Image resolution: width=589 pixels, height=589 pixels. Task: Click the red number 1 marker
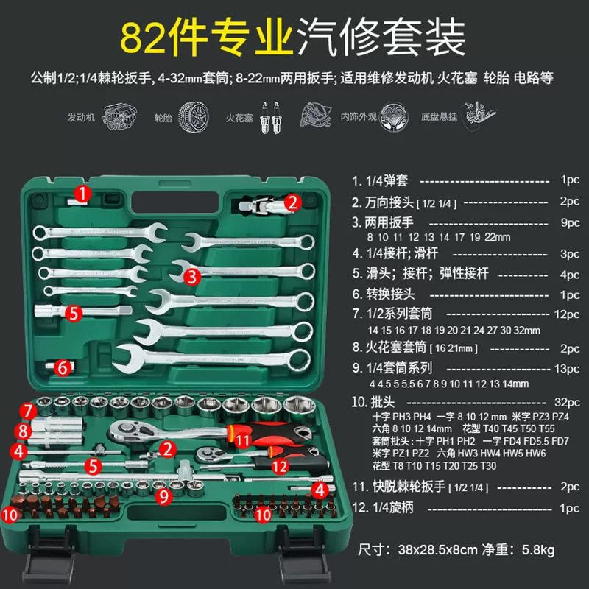click(x=82, y=194)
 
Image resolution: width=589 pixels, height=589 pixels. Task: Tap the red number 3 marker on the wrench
click(x=192, y=277)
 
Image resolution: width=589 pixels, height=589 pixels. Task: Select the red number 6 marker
click(x=63, y=367)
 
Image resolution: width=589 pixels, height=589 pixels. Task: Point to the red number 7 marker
click(x=28, y=411)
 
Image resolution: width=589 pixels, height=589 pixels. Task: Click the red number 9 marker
click(x=164, y=496)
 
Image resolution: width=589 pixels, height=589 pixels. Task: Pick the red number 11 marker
click(x=242, y=440)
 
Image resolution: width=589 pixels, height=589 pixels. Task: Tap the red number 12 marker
click(x=280, y=467)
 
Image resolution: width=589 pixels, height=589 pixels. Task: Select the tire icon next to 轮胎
click(x=194, y=117)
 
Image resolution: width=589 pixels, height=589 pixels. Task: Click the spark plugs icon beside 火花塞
click(x=271, y=118)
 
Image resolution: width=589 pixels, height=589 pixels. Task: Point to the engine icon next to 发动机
click(x=119, y=116)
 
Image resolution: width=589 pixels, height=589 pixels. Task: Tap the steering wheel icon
click(x=393, y=117)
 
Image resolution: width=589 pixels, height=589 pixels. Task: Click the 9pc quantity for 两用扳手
click(x=570, y=223)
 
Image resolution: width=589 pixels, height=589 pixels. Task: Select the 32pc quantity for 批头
click(x=567, y=402)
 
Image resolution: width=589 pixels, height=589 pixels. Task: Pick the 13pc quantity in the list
click(x=567, y=369)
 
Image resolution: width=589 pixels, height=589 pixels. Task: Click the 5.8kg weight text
click(x=538, y=550)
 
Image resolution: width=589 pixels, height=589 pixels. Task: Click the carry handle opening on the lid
click(x=175, y=202)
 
